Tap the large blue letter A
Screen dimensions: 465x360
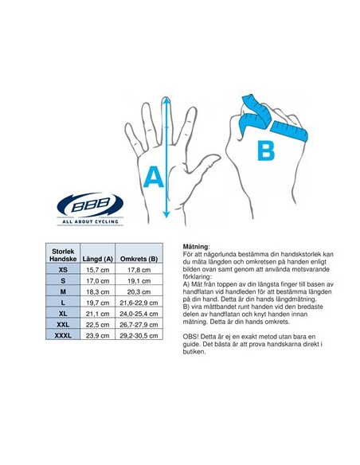click(x=153, y=174)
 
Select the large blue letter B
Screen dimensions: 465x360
click(x=266, y=150)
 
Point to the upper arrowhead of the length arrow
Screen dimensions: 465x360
click(x=166, y=100)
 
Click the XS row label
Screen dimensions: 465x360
click(x=63, y=269)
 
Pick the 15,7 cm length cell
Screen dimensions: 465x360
click(x=98, y=269)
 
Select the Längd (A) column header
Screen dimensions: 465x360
click(x=98, y=259)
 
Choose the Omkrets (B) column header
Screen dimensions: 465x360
click(x=139, y=259)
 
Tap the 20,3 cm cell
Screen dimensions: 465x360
click(x=139, y=291)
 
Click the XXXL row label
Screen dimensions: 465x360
click(x=63, y=335)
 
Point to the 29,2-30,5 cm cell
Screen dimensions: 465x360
click(x=139, y=335)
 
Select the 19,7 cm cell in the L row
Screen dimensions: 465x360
click(x=98, y=303)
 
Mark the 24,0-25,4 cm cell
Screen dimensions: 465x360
click(x=139, y=314)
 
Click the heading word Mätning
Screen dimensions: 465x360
click(x=196, y=248)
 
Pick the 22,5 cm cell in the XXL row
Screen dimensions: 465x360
click(x=98, y=324)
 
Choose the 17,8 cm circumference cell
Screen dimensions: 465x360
click(x=139, y=269)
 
